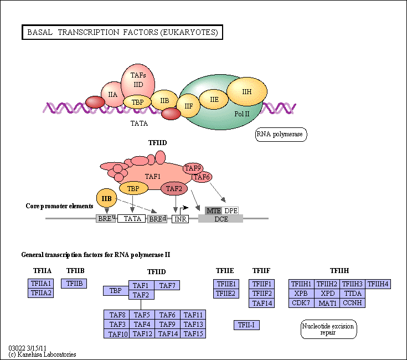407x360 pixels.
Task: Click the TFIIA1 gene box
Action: [41, 284]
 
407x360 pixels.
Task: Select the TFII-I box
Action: [246, 325]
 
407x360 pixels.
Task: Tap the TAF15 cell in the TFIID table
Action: [194, 333]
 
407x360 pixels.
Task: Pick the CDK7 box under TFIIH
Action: [301, 302]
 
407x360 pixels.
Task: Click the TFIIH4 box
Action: [379, 284]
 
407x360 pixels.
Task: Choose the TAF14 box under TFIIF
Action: [262, 303]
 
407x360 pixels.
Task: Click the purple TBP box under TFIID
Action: [116, 290]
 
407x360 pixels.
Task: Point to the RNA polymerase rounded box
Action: [281, 134]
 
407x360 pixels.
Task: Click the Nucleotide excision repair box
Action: [329, 329]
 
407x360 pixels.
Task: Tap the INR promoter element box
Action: [181, 219]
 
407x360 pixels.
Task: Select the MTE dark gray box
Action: [213, 210]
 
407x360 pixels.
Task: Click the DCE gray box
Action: [220, 219]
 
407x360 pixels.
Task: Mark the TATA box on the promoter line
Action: [131, 219]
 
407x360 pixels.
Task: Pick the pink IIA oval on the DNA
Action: [112, 95]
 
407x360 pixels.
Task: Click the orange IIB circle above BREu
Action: [107, 198]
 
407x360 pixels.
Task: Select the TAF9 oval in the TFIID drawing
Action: [193, 168]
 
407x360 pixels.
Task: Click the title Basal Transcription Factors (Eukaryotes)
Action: [122, 33]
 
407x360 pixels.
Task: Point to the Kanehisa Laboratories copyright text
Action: [42, 354]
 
